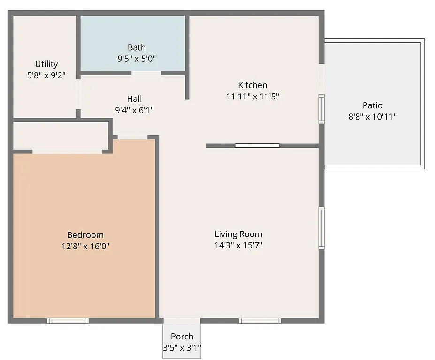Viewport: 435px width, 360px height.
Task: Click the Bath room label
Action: (137, 47)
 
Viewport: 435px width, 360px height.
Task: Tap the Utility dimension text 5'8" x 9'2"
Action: (46, 75)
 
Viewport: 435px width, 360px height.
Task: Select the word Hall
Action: (134, 99)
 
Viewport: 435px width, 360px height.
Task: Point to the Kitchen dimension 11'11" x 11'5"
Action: (253, 97)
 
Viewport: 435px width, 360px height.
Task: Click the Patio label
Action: (372, 105)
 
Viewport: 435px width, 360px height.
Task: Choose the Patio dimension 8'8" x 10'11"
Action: (372, 117)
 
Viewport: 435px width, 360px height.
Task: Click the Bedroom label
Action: (85, 235)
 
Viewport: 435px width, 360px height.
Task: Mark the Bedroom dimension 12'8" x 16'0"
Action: (85, 246)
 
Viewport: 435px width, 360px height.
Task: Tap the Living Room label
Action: (238, 234)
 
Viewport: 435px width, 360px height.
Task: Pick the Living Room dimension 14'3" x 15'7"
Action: (238, 245)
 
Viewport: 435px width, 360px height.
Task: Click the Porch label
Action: (182, 337)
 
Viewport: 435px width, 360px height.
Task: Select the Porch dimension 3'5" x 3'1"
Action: (182, 348)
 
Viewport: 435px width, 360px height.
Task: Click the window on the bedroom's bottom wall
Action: (68, 321)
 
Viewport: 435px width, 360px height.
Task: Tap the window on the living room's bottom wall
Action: (259, 321)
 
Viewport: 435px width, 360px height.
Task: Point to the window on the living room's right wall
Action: (321, 228)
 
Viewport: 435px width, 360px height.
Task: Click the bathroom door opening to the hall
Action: (146, 73)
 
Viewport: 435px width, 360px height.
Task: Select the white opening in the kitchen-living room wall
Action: (257, 146)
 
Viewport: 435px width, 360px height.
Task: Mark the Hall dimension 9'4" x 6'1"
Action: (134, 110)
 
